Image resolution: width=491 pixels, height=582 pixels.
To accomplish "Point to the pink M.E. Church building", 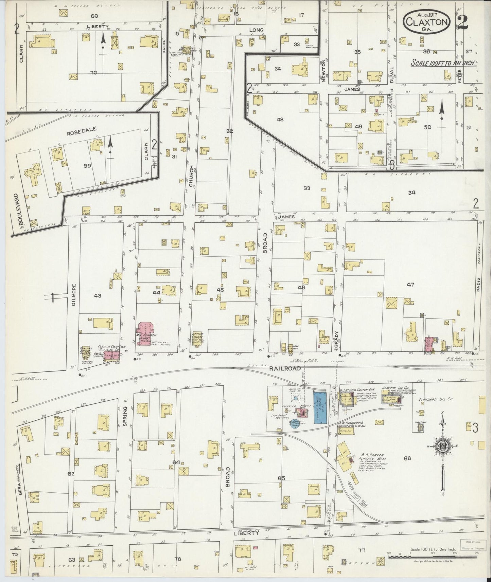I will [146, 334].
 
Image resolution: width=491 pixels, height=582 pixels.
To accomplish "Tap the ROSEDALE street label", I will [77, 129].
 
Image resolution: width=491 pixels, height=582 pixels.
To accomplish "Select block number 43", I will [98, 296].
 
